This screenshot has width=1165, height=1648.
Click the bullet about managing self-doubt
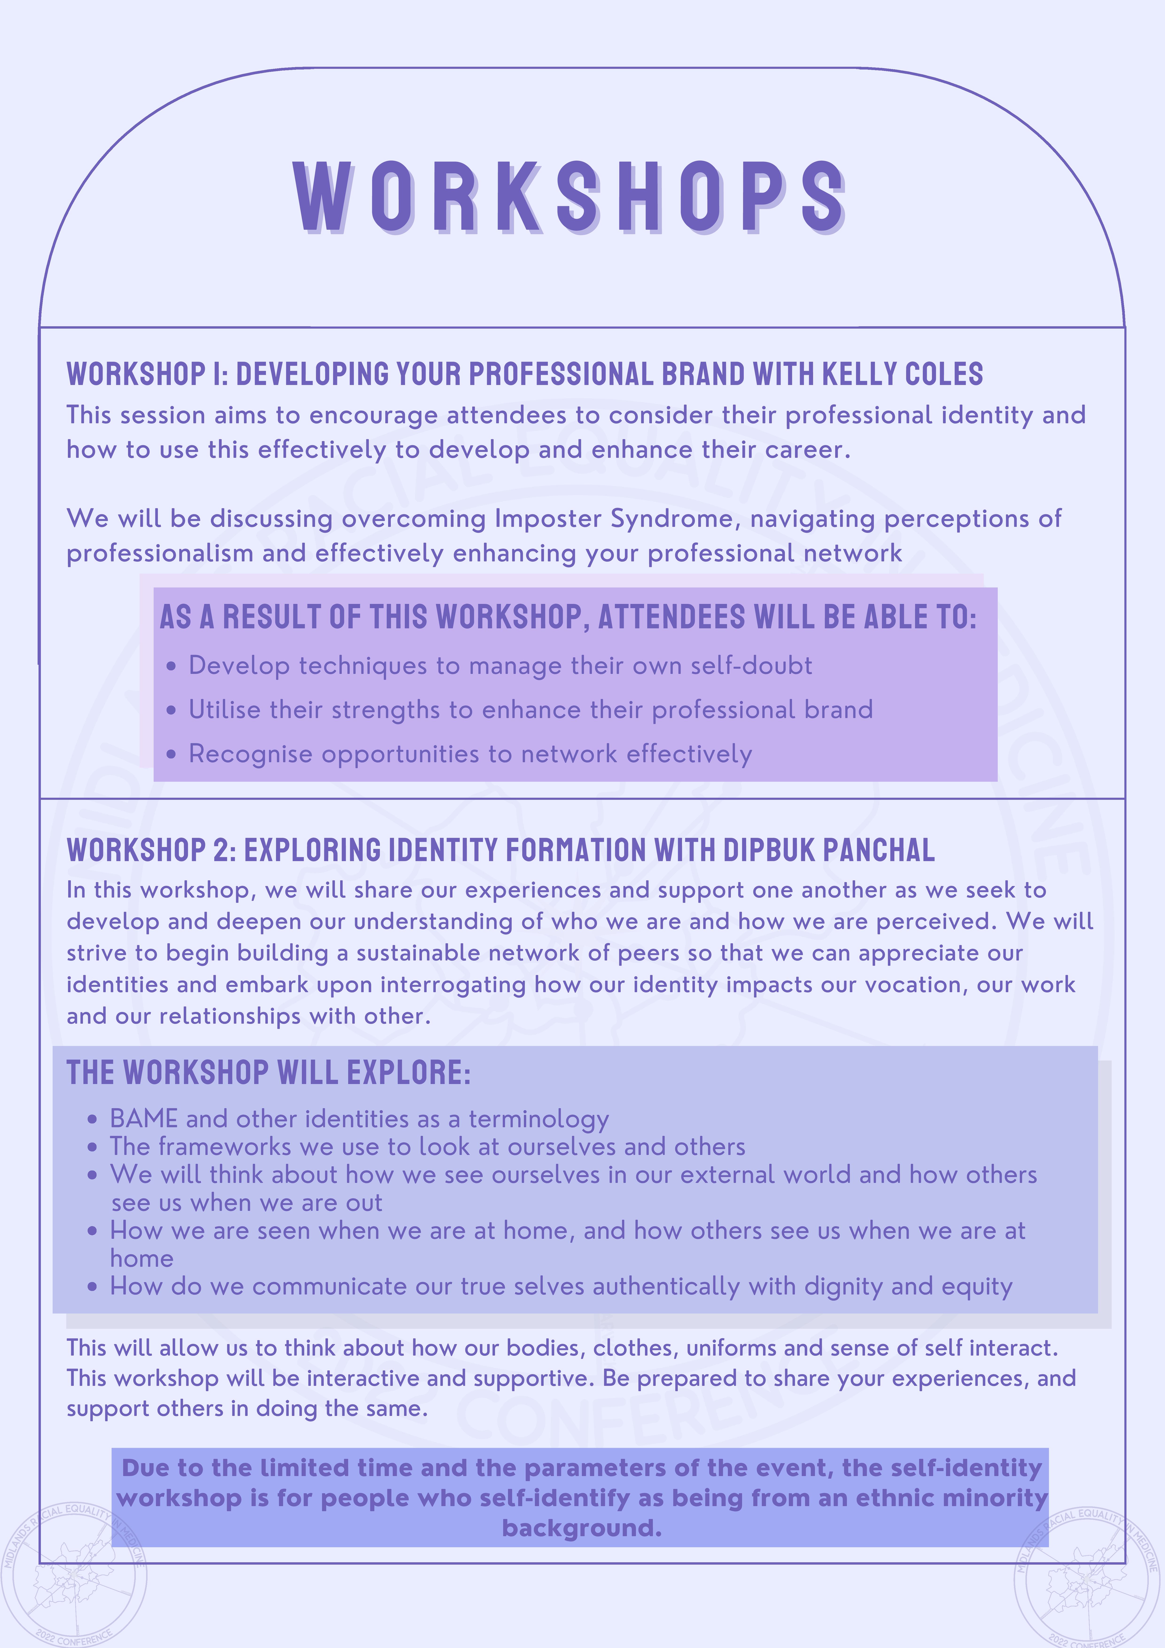tap(500, 665)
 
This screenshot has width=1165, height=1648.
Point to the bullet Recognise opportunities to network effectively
tap(470, 754)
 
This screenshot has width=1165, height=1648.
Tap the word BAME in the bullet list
tap(144, 1119)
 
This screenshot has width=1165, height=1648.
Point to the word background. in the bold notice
tap(581, 1528)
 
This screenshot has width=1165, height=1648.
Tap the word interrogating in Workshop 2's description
tap(453, 985)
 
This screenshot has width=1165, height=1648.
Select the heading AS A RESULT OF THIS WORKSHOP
tap(567, 617)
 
